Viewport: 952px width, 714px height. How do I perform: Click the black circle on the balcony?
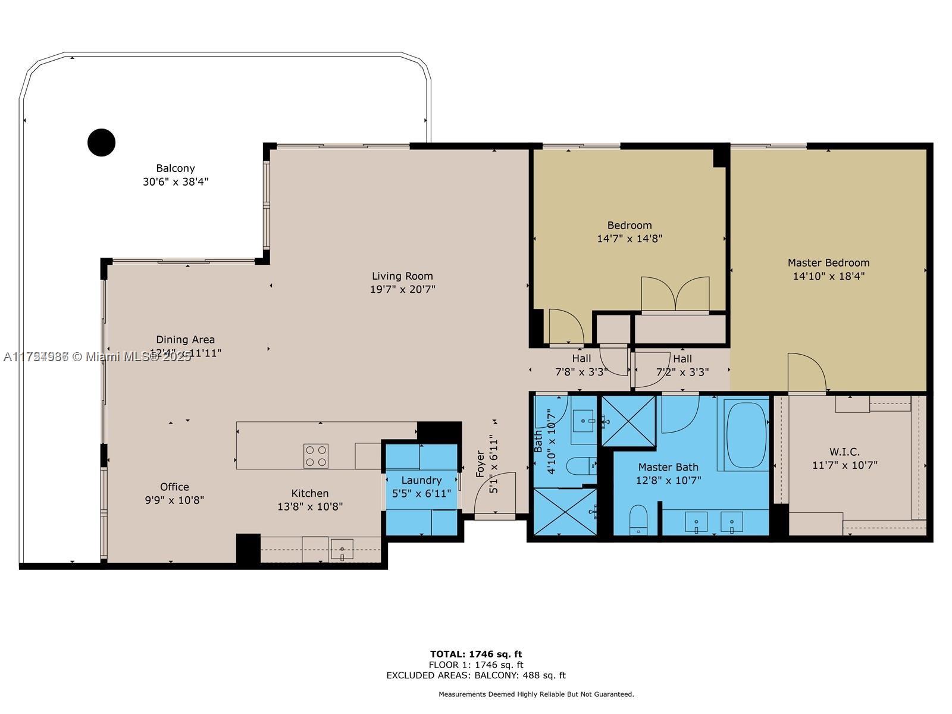(101, 143)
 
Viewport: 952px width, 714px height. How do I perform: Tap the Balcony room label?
(176, 168)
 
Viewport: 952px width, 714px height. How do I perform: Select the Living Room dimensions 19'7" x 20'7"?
(402, 290)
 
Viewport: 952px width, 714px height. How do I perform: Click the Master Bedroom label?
(828, 262)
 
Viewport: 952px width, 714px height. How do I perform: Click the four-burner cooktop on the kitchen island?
(316, 456)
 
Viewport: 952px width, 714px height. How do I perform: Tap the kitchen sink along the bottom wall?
(342, 549)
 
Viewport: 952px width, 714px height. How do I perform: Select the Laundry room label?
(421, 480)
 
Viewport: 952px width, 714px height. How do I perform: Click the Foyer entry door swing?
(497, 493)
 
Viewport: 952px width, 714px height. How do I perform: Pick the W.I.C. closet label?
(844, 452)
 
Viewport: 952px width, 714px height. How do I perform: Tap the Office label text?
(174, 487)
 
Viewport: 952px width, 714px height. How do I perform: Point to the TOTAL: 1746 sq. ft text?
(476, 654)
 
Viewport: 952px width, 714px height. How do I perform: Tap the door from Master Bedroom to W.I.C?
(806, 375)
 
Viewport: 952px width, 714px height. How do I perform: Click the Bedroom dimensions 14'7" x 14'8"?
(630, 239)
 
